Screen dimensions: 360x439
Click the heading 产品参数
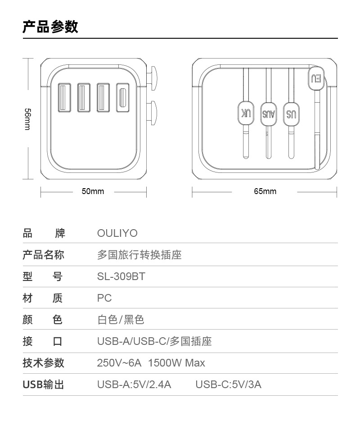pos(50,27)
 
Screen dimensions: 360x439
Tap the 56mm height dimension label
pos(27,119)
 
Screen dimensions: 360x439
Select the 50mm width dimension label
pos(93,192)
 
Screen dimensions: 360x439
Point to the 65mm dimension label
pos(265,192)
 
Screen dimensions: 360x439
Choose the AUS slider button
pos(268,114)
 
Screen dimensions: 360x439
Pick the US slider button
pos(291,114)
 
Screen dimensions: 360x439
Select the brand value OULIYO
pos(117,233)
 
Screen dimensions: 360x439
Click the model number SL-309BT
pos(121,276)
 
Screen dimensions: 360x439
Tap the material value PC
pos(104,298)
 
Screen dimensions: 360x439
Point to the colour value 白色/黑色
pos(121,320)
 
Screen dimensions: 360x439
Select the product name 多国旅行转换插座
pos(139,255)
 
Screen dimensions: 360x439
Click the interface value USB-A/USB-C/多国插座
pos(154,341)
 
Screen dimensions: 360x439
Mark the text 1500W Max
pos(176,363)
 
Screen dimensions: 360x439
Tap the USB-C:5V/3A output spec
pos(228,385)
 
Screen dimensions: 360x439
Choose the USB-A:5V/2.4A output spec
pos(134,385)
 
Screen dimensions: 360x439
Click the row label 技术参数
pos(44,363)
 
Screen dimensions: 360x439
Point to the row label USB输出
pos(44,385)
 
